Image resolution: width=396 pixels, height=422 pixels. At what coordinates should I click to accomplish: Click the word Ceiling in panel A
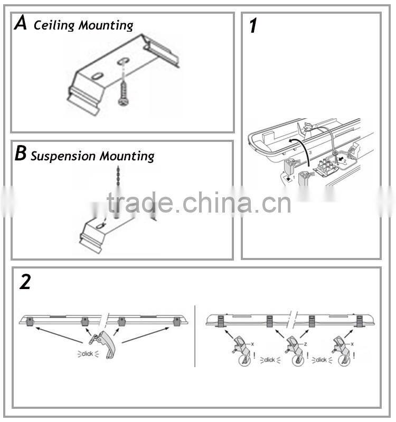click(x=52, y=25)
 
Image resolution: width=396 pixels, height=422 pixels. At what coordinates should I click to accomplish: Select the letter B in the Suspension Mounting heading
click(x=21, y=154)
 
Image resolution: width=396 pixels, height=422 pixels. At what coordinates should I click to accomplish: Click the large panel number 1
click(x=253, y=26)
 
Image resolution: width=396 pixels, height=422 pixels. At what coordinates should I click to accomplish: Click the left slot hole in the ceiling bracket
click(x=98, y=76)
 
